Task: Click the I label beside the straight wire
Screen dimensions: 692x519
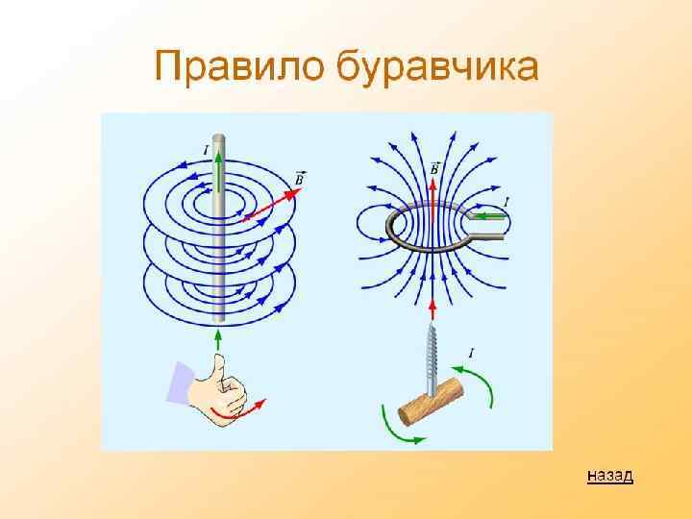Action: point(206,150)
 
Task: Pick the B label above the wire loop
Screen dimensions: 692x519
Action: point(435,168)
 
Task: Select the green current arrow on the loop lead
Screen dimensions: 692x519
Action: point(489,217)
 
